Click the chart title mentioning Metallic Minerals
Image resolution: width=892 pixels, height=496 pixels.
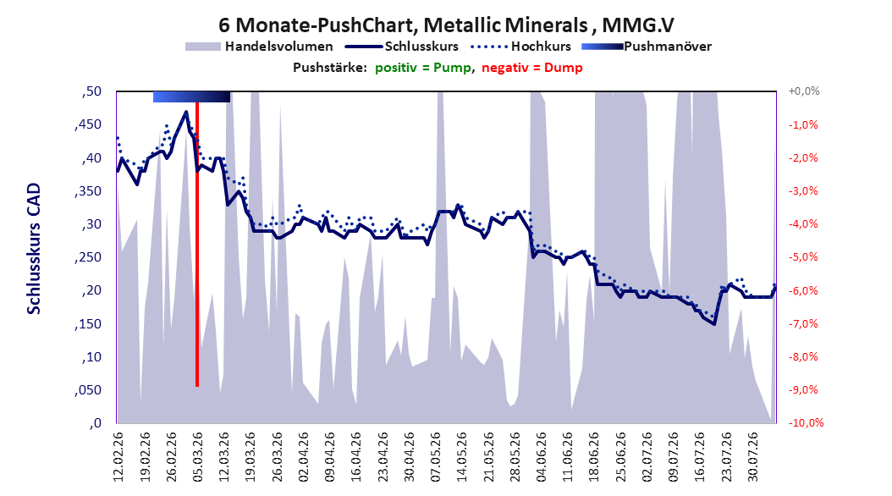(446, 25)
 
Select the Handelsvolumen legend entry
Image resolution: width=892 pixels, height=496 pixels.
(259, 47)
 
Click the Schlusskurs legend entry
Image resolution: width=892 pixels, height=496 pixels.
(402, 47)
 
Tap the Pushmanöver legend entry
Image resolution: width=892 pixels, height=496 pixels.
(647, 47)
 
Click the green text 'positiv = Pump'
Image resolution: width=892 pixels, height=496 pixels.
(422, 68)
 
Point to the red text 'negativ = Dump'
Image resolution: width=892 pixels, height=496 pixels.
(532, 68)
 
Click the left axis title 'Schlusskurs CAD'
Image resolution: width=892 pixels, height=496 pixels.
(34, 248)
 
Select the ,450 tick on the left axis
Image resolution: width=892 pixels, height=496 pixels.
(88, 124)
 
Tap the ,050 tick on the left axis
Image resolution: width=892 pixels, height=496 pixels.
(88, 390)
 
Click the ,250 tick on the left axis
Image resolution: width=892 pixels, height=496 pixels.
(88, 257)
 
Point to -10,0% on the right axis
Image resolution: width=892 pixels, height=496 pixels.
(806, 422)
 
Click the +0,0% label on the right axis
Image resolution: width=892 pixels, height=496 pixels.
(804, 91)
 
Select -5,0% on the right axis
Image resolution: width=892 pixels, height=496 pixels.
(803, 257)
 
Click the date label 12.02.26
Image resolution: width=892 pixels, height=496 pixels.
(118, 457)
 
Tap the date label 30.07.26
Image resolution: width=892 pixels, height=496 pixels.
(752, 457)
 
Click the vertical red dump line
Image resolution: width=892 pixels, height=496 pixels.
(197, 245)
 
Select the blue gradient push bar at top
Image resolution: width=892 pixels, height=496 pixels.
(192, 96)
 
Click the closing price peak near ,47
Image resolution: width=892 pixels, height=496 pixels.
(186, 112)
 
